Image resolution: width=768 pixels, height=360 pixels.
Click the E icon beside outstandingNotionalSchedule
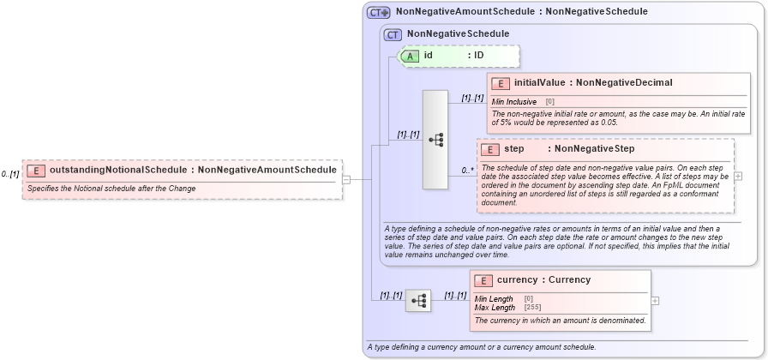[x=36, y=170]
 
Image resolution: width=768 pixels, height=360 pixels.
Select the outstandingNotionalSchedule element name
[x=118, y=170]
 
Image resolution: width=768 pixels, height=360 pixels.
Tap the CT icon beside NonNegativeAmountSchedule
[x=378, y=13]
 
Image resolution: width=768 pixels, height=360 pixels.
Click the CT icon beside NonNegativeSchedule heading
[x=393, y=34]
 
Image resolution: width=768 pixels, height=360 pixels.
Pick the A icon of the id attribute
[x=411, y=56]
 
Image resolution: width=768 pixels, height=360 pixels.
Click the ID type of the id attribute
[x=479, y=56]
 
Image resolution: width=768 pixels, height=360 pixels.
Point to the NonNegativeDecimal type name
[x=624, y=83]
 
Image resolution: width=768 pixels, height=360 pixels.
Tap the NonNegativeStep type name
[x=594, y=149]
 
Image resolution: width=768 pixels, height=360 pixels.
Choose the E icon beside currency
[x=484, y=280]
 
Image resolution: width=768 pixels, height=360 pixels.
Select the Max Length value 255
[x=532, y=307]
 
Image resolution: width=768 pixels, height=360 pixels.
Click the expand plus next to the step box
[x=739, y=176]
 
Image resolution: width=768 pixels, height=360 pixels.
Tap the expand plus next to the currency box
[x=655, y=301]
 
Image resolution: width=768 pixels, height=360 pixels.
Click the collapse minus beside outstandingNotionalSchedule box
[x=346, y=180]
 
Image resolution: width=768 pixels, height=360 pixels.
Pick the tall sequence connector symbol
[x=435, y=139]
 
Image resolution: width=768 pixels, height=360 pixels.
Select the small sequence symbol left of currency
[x=417, y=301]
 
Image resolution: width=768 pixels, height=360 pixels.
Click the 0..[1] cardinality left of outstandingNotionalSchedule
[x=10, y=174]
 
